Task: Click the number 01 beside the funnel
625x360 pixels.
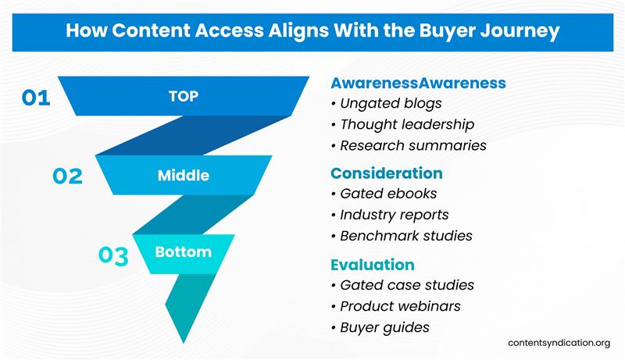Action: (36, 98)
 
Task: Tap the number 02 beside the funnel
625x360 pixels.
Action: (67, 176)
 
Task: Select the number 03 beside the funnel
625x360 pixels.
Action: (113, 256)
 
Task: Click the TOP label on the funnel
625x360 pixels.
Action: (184, 97)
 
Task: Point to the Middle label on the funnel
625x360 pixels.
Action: (184, 175)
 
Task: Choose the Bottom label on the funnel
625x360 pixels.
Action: (184, 252)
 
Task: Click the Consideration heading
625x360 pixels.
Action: (387, 173)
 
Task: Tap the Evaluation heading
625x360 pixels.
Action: (373, 265)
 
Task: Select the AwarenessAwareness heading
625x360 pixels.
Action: (418, 83)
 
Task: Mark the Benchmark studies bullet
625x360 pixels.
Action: (405, 236)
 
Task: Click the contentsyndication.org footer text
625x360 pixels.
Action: (559, 344)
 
